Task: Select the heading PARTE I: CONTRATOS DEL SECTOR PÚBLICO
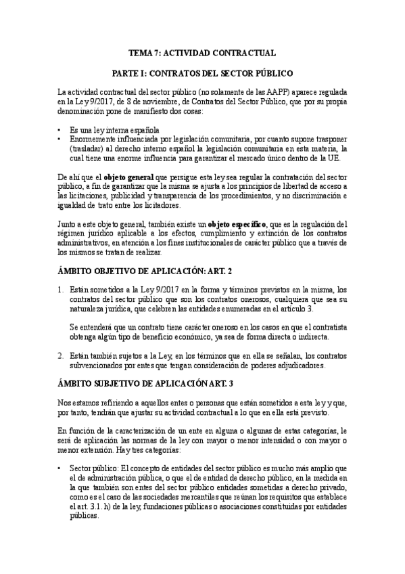202,72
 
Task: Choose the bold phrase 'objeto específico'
237,223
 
